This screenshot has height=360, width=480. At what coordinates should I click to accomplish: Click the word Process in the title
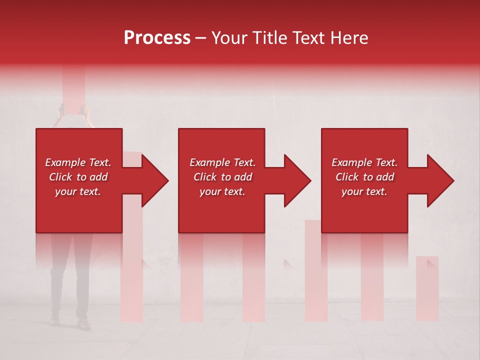[x=157, y=38]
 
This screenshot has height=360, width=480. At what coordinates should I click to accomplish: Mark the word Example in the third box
[x=351, y=162]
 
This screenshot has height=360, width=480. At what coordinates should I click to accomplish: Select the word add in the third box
[x=385, y=177]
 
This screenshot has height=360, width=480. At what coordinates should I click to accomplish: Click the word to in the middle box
[x=226, y=177]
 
